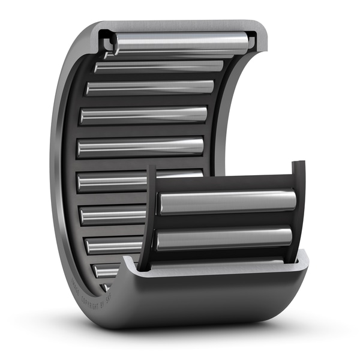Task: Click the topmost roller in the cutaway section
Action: pos(180,42)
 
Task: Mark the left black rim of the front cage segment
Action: pos(148,216)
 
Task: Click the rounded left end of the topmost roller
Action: pos(115,44)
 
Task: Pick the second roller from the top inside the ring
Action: pos(159,66)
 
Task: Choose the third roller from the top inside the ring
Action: pos(150,88)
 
